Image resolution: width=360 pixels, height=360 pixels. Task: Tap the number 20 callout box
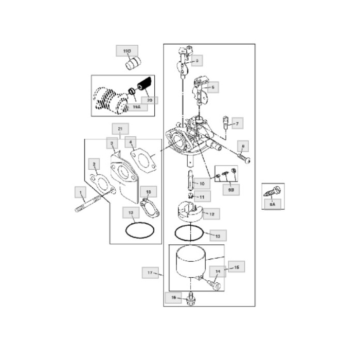pos(149,100)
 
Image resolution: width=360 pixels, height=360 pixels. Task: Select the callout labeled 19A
pos(136,107)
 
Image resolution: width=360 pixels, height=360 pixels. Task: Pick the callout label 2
pos(94,164)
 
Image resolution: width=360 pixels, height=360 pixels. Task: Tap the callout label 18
pos(148,191)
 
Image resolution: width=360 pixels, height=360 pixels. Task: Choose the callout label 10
pos(201,183)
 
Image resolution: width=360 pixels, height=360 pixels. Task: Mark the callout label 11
pos(202,197)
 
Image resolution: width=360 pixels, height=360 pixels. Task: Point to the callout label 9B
pos(230,189)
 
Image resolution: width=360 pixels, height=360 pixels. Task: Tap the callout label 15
pos(237,267)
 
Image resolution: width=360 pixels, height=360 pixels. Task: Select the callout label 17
pos(150,273)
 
